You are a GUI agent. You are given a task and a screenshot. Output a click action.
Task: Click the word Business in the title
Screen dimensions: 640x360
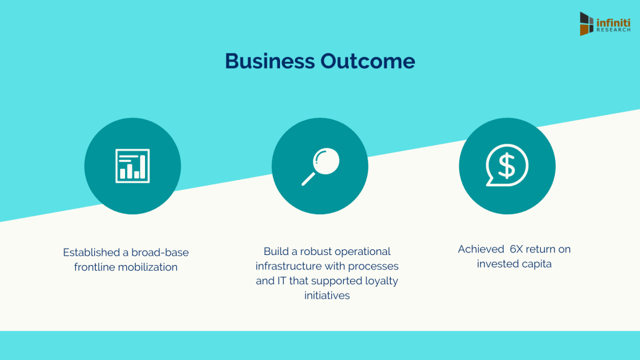pos(270,61)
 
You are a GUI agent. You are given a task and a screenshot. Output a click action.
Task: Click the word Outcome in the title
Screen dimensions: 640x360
pos(367,61)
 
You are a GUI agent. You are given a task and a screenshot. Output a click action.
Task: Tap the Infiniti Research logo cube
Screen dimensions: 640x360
pos(586,24)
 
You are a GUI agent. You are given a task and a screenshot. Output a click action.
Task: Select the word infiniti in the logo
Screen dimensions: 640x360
pos(614,23)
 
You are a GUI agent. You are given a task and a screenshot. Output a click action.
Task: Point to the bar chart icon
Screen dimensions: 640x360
pos(132,166)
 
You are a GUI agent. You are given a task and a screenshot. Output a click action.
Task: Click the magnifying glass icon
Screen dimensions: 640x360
pos(321,166)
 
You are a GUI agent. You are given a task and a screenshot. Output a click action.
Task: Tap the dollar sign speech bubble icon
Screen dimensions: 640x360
pos(507,165)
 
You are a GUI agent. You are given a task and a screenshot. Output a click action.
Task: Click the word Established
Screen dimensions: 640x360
pos(88,252)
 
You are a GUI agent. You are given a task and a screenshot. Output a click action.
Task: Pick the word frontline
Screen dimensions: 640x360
pos(94,267)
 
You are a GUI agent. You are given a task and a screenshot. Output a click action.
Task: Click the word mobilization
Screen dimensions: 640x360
pos(147,267)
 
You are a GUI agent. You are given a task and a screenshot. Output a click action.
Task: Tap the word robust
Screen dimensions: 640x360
pos(316,251)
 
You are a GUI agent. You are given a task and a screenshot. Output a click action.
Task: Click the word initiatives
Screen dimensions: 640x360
pos(327,296)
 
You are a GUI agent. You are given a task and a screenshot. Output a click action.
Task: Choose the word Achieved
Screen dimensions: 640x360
pos(481,249)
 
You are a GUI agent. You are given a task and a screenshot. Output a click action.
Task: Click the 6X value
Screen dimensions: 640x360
pos(516,249)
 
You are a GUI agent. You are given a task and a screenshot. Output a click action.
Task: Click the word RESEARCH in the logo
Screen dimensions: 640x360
pos(614,30)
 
